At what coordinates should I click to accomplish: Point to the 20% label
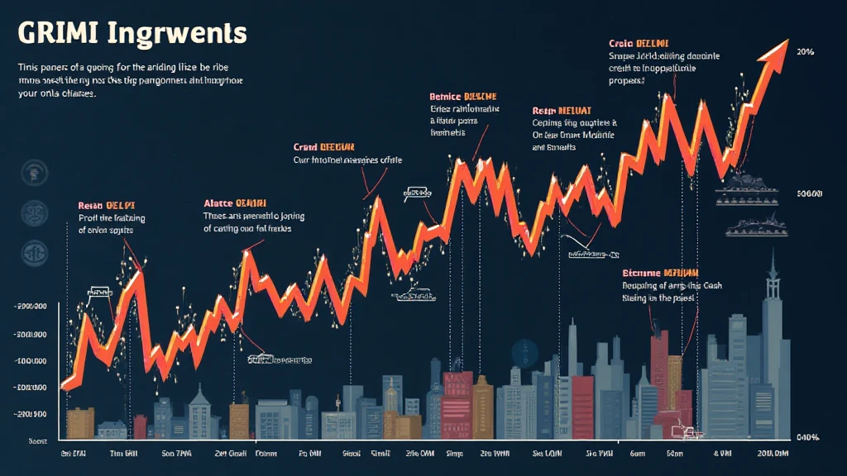click(x=806, y=51)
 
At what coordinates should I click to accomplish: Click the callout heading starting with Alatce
click(x=236, y=202)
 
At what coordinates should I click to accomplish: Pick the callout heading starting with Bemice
click(x=464, y=96)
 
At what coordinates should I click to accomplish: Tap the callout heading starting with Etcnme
click(x=661, y=273)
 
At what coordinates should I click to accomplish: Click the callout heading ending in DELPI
click(x=106, y=204)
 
